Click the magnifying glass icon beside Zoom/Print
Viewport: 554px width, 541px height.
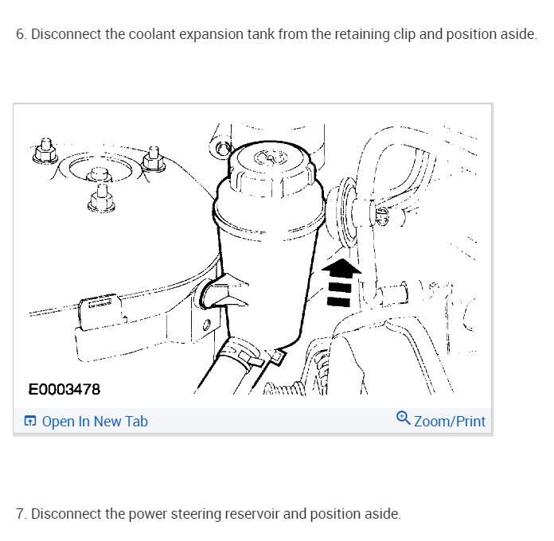pyautogui.click(x=403, y=418)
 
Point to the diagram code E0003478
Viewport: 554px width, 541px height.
pyautogui.click(x=64, y=390)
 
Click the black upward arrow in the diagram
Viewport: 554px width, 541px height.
pyautogui.click(x=340, y=282)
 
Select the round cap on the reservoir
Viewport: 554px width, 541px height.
pyautogui.click(x=271, y=168)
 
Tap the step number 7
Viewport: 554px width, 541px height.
pyautogui.click(x=21, y=514)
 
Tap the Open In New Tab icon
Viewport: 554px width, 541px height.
pyautogui.click(x=30, y=421)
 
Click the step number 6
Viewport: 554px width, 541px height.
pyautogui.click(x=21, y=34)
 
